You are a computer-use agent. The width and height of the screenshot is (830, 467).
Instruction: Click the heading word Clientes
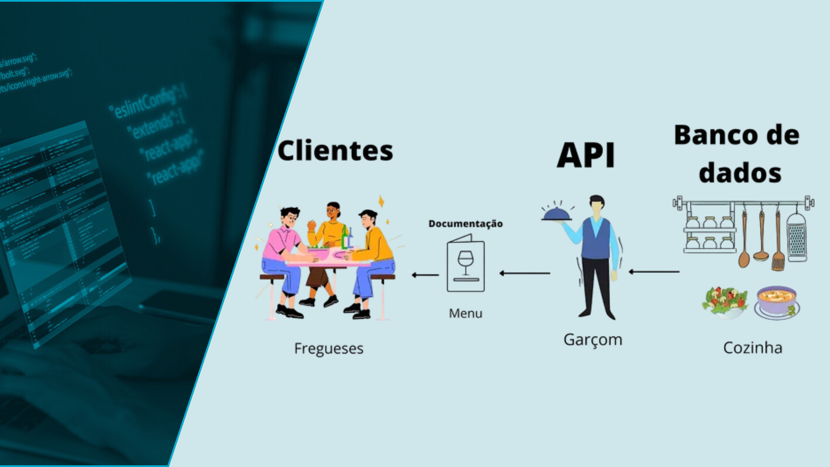click(335, 150)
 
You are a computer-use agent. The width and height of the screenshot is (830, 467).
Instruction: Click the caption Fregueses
click(329, 349)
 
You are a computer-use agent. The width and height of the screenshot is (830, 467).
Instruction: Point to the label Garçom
click(593, 340)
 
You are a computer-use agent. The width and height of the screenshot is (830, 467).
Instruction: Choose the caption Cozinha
click(753, 348)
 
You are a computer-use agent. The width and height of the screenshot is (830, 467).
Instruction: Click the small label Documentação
click(466, 224)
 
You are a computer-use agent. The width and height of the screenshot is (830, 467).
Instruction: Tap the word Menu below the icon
click(466, 313)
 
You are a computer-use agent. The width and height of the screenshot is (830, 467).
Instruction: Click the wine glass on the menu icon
click(466, 261)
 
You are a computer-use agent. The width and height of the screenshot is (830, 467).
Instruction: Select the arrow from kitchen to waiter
click(654, 272)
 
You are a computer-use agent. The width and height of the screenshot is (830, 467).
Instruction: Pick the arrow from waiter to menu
click(524, 273)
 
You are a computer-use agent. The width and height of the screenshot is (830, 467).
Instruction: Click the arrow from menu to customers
click(425, 275)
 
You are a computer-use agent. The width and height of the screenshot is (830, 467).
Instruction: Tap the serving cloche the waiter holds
click(557, 214)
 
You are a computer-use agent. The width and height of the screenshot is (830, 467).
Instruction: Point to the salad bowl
click(725, 301)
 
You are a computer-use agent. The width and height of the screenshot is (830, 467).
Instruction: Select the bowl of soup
click(776, 301)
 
